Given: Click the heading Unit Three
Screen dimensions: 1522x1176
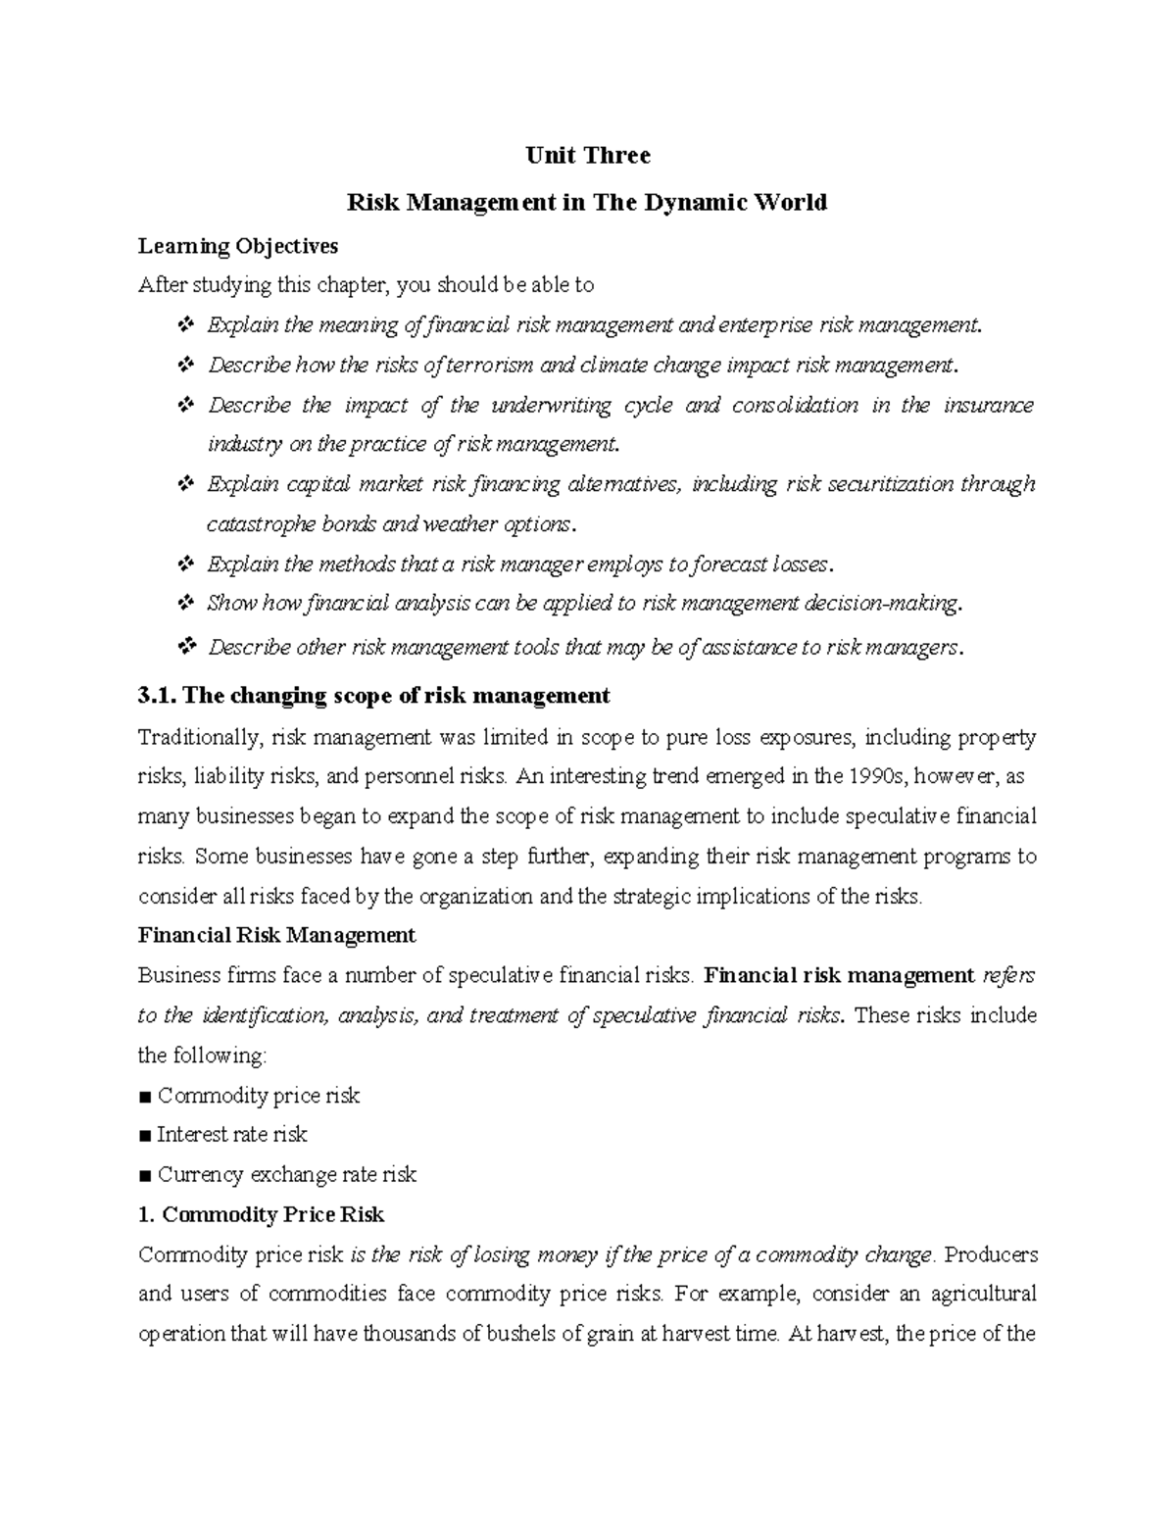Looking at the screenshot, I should pos(587,156).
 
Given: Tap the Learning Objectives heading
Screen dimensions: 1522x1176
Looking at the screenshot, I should pos(238,246).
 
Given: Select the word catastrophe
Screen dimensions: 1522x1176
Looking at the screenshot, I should pos(252,524).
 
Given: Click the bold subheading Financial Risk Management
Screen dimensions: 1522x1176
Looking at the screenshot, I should pos(277,936).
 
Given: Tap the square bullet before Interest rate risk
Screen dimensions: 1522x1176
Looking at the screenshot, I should pos(145,1136).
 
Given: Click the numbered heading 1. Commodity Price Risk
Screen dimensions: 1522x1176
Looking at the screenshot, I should pos(262,1215).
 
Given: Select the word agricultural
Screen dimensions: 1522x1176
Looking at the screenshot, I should pos(983,1295).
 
